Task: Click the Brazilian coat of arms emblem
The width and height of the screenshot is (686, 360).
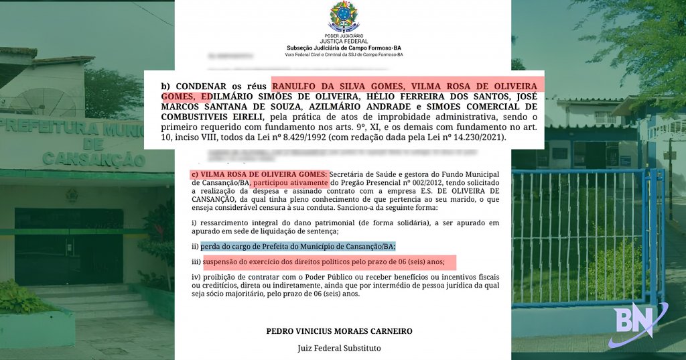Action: (x=343, y=16)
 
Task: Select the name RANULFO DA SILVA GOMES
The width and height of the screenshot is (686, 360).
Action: (x=338, y=86)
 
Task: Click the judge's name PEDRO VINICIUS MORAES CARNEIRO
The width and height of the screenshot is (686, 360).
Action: (x=339, y=331)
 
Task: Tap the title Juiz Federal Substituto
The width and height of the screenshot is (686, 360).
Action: (x=339, y=348)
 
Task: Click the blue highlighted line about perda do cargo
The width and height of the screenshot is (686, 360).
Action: (x=298, y=246)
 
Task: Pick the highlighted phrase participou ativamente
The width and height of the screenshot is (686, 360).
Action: (x=290, y=182)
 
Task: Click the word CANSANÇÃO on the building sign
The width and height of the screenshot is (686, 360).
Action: (x=93, y=159)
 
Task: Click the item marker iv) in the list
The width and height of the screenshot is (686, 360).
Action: (x=196, y=277)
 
